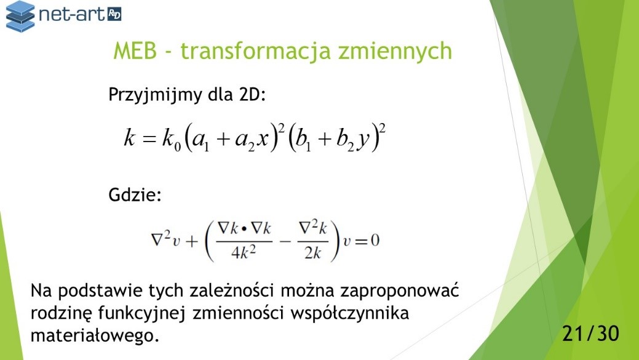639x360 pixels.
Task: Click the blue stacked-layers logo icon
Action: tap(20, 17)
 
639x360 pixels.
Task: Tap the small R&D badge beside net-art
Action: tap(114, 15)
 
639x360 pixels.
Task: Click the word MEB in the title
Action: tap(135, 51)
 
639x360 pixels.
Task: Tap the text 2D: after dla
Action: tap(252, 94)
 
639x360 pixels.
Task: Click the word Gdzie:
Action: tap(135, 195)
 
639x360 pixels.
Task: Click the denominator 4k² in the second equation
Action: tap(244, 253)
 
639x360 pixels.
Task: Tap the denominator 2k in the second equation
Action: tap(312, 253)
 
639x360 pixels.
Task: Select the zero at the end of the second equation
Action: tap(375, 241)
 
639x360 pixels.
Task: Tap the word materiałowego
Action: tap(95, 336)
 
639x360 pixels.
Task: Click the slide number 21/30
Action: tap(590, 334)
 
